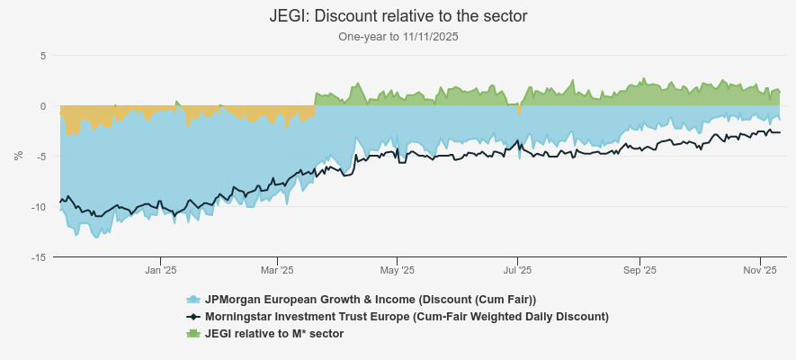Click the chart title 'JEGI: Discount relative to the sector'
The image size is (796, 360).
[398, 16]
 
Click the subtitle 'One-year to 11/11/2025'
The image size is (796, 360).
[398, 37]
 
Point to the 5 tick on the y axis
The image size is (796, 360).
[42, 56]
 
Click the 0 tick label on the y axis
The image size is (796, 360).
[42, 106]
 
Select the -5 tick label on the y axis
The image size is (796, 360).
[40, 157]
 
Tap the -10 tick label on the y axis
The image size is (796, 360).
[39, 207]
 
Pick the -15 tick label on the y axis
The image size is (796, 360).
[39, 257]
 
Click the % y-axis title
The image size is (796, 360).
[19, 156]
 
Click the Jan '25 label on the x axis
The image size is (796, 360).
[160, 270]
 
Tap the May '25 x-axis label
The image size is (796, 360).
[397, 270]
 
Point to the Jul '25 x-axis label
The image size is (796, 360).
[517, 270]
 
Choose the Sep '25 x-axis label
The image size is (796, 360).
[639, 270]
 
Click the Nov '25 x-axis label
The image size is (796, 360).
[760, 270]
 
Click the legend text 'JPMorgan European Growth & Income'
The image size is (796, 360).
[371, 299]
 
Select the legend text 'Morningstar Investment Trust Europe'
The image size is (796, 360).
[407, 316]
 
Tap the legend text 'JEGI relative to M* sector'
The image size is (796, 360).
[274, 333]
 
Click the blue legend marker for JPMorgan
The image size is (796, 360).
[192, 299]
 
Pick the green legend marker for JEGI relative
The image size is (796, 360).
[192, 333]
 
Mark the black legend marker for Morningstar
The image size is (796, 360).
[192, 316]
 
